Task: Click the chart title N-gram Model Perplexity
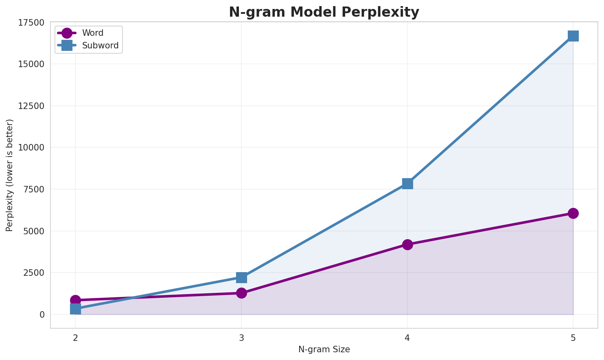[324, 12]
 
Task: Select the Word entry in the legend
[92, 33]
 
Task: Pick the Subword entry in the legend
[100, 46]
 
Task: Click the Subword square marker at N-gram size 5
[573, 36]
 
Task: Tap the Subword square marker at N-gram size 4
[407, 183]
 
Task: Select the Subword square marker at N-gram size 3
[241, 277]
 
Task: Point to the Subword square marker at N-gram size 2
[75, 309]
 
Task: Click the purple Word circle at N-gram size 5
[573, 213]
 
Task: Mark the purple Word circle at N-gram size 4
[407, 244]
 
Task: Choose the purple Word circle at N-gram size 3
[241, 293]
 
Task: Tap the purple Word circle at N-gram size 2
[75, 300]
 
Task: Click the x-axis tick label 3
[241, 338]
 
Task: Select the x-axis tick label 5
[573, 338]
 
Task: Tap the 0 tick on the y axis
[42, 314]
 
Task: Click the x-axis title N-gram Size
[324, 349]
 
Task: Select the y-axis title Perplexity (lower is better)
[10, 175]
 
